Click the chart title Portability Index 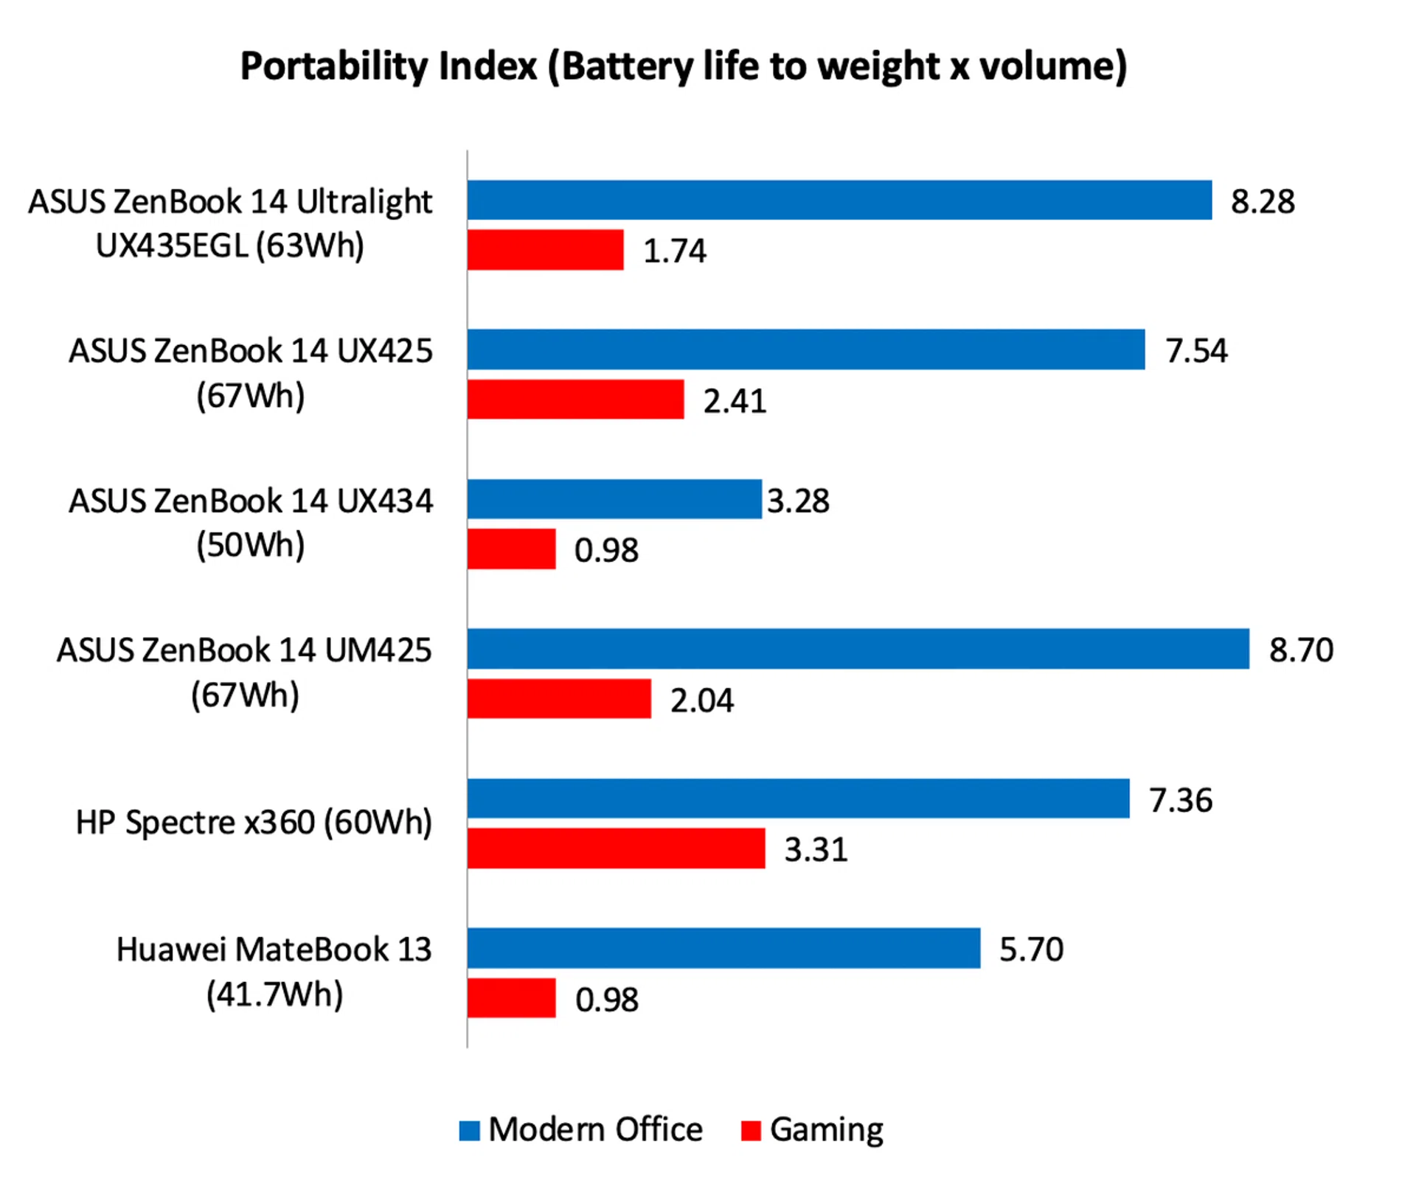click(x=683, y=66)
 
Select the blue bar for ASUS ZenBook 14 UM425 click(x=858, y=649)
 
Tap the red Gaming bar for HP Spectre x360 click(x=616, y=848)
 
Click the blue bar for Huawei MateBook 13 click(x=723, y=948)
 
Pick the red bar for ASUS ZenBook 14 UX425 click(x=575, y=399)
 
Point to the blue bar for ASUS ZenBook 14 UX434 click(x=614, y=499)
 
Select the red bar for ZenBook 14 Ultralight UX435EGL click(x=545, y=250)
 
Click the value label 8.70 click(x=1301, y=650)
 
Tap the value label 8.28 click(x=1263, y=201)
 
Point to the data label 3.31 click(x=816, y=849)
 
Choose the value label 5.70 click(x=1031, y=950)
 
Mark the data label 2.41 click(x=735, y=401)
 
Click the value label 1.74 click(x=674, y=251)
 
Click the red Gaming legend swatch click(x=750, y=1130)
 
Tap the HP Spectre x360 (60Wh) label click(x=254, y=823)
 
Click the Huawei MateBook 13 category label click(x=274, y=971)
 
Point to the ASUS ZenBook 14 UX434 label click(x=251, y=523)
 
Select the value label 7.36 click(x=1180, y=800)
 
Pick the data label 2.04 click(x=701, y=700)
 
